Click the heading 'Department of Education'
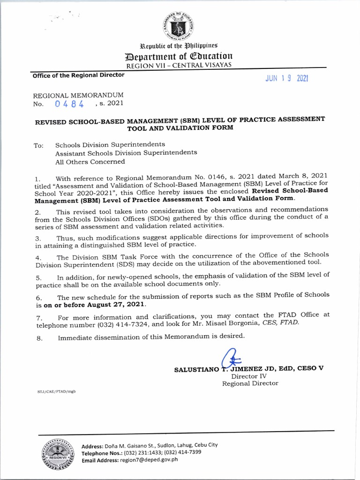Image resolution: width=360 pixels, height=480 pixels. tap(183, 57)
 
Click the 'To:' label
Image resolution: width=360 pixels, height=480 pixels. tap(38, 146)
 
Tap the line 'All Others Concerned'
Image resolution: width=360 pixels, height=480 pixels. tap(90, 162)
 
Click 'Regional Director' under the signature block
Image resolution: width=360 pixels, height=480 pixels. tap(250, 383)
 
